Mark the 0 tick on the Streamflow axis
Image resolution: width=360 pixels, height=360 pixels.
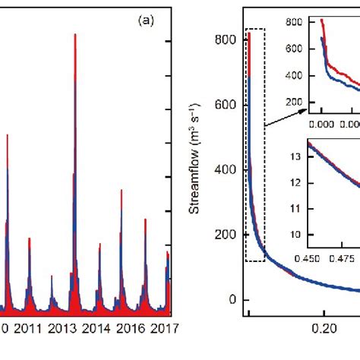233,299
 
